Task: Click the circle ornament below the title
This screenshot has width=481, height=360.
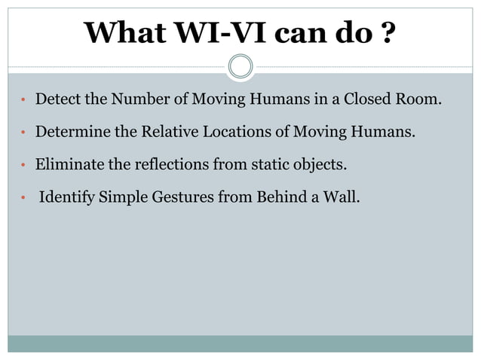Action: [240, 66]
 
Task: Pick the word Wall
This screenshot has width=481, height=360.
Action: [343, 200]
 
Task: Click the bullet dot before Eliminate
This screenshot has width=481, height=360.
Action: [24, 167]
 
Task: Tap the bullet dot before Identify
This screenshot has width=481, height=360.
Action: [24, 200]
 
